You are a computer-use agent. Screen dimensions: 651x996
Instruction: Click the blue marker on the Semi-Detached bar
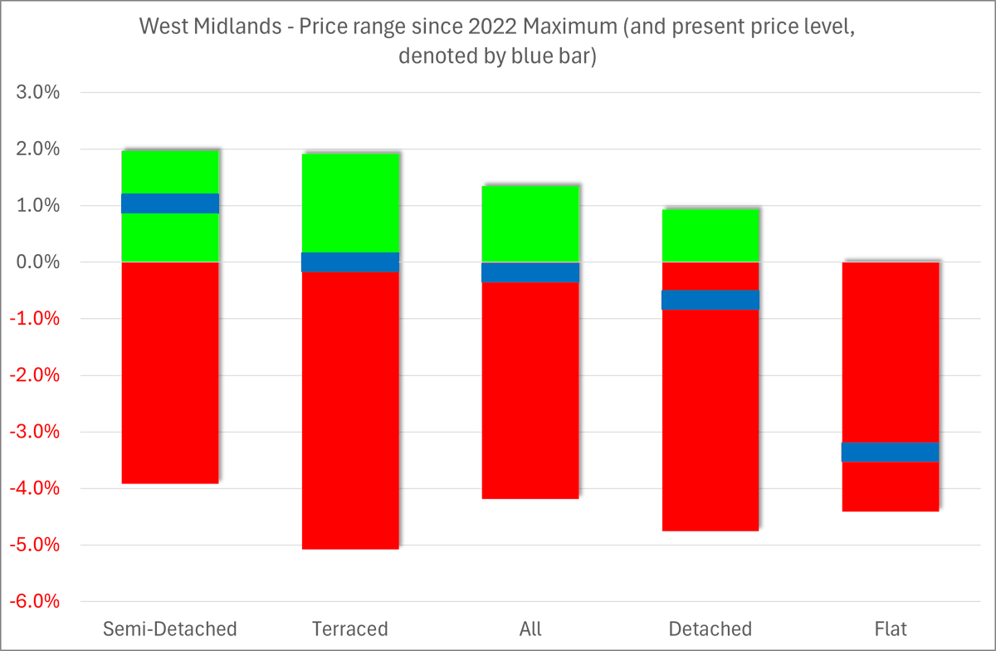pos(170,203)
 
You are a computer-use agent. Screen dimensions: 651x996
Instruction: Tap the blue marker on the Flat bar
pos(890,452)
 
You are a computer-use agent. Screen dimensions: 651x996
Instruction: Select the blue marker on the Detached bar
pos(710,300)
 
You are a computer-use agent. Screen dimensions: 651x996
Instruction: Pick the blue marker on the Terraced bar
pos(350,262)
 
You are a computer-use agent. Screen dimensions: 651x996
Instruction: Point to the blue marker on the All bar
pos(530,272)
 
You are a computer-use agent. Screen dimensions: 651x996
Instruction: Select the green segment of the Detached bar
pos(710,235)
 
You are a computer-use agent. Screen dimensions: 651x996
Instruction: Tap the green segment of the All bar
pos(530,223)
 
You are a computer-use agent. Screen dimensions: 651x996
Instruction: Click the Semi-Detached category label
pos(170,628)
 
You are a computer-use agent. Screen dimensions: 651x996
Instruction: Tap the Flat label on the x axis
pos(890,628)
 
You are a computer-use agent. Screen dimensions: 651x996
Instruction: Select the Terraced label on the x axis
pos(350,628)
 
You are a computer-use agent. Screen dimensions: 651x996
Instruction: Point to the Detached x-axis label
pos(710,628)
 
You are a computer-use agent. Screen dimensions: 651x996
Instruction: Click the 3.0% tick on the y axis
pos(38,93)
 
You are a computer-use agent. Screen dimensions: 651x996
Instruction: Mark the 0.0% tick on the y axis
pos(38,262)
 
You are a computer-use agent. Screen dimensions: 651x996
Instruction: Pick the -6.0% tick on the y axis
pos(35,601)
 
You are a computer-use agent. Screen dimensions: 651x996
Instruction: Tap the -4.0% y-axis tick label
pos(35,488)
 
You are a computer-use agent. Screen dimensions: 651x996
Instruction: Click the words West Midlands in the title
pos(200,27)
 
